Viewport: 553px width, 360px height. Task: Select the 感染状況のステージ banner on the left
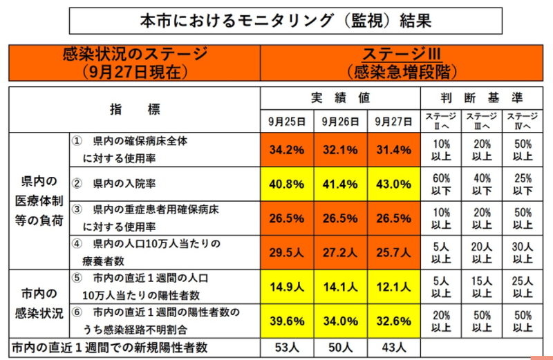click(x=134, y=61)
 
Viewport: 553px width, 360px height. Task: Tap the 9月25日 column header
click(x=287, y=121)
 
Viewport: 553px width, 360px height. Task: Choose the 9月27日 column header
click(x=393, y=121)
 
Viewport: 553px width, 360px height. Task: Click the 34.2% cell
click(x=287, y=150)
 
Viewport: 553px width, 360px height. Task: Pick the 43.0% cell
click(x=393, y=186)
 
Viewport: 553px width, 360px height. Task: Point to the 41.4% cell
click(x=340, y=186)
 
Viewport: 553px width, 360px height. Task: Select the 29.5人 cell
click(x=287, y=252)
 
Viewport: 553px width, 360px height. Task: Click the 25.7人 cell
click(x=393, y=252)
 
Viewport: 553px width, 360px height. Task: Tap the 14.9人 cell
click(x=287, y=287)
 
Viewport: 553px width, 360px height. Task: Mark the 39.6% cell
click(x=287, y=321)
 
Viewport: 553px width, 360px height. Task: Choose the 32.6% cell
click(x=393, y=321)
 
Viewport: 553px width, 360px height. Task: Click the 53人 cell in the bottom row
click(x=287, y=347)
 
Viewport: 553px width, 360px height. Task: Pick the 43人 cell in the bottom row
click(x=393, y=347)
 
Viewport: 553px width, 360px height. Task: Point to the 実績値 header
click(x=340, y=97)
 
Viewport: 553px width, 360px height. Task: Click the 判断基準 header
click(x=482, y=97)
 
